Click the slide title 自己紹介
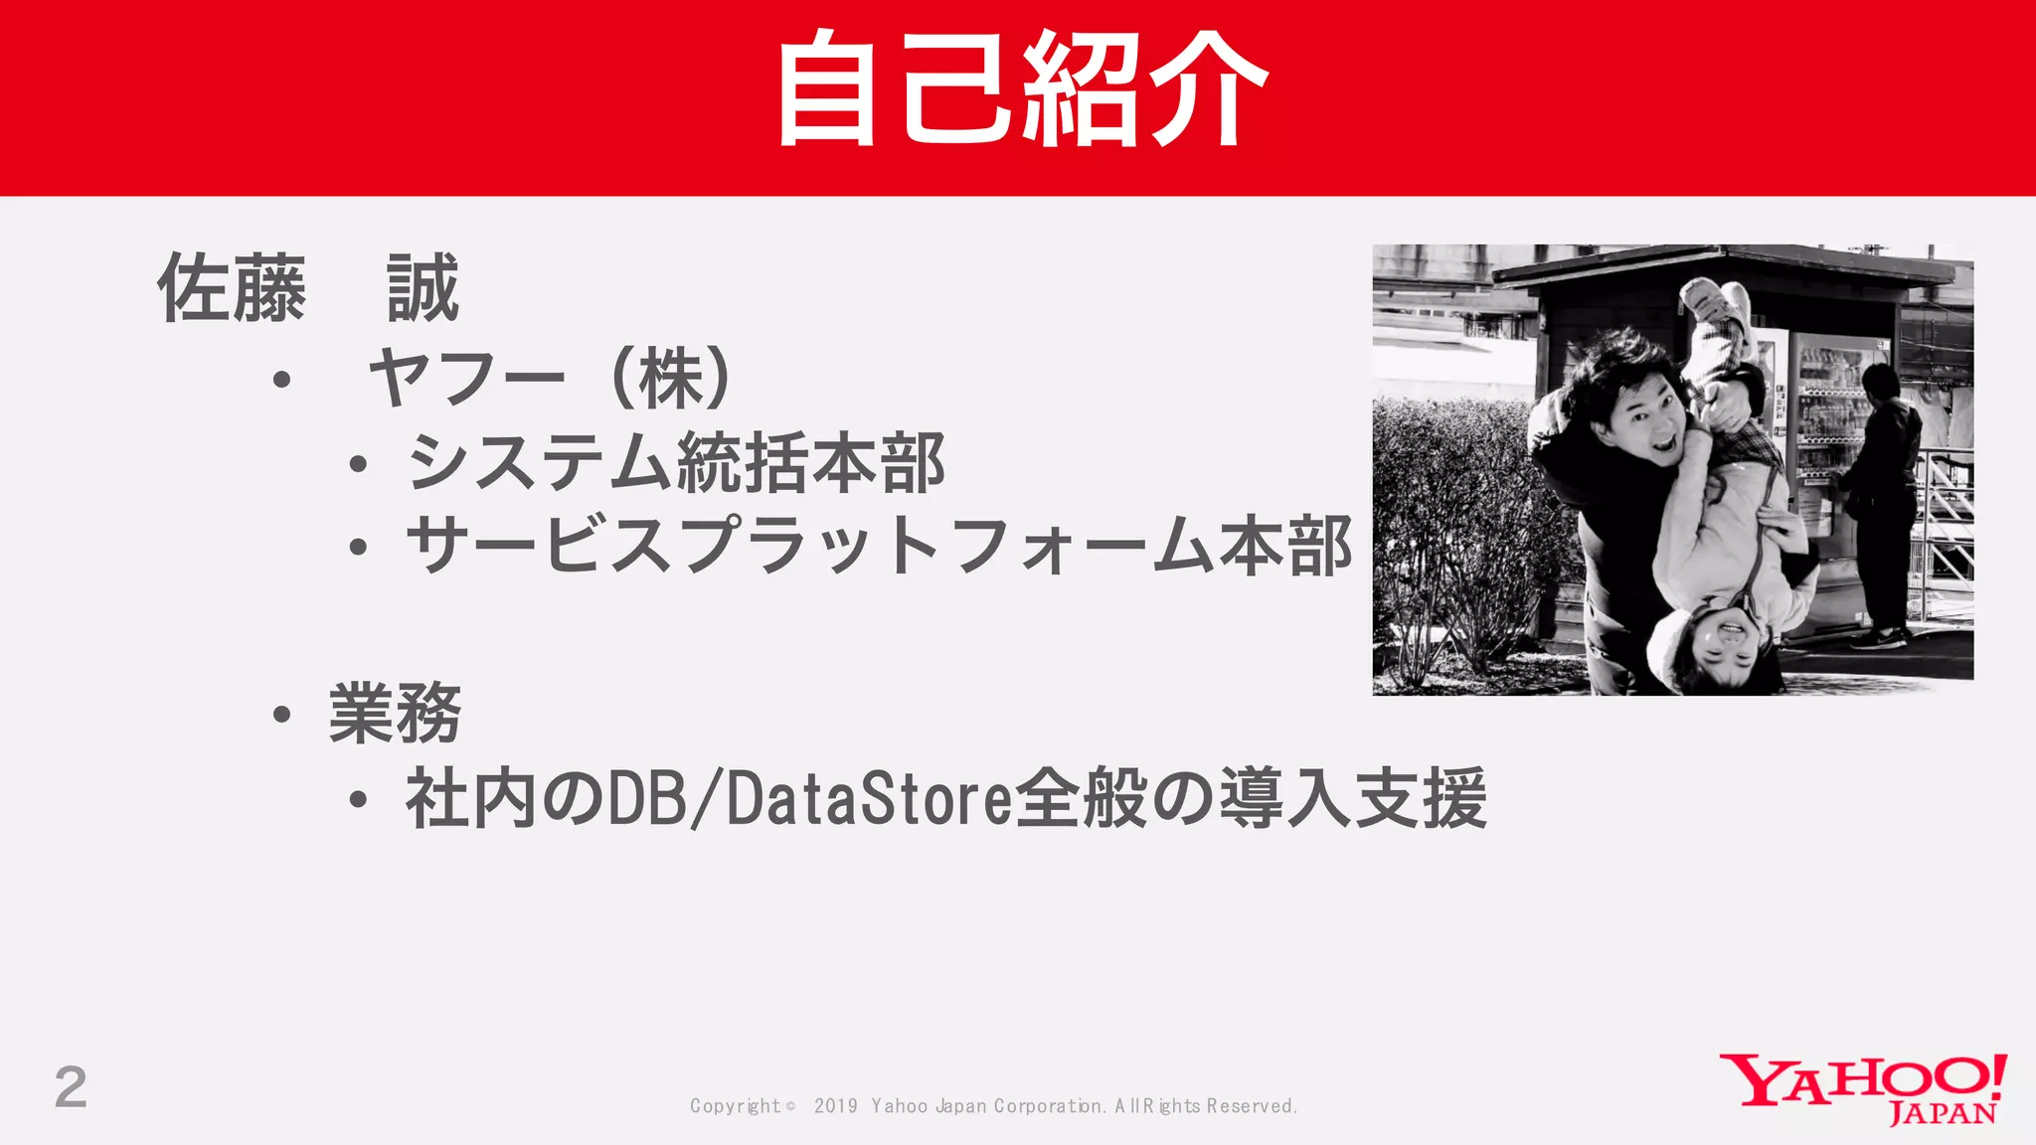1020,89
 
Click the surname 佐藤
232,289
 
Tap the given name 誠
424,289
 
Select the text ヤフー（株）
553,379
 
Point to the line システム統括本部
676,463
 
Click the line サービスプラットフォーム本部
879,546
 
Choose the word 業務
395,714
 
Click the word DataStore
869,799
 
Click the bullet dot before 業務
281,715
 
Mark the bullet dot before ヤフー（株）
281,380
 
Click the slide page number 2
71,1087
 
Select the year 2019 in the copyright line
835,1106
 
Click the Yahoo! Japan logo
1863,1089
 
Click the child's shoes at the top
1715,298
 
